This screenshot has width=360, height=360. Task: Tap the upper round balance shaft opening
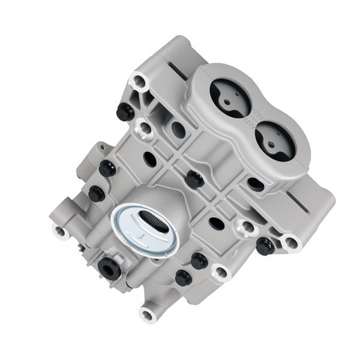(x=230, y=98)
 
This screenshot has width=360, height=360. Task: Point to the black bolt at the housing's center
(x=193, y=178)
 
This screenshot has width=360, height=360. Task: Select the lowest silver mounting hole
(x=148, y=313)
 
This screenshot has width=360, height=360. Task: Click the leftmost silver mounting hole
(x=61, y=230)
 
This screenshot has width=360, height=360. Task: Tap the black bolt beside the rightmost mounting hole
(x=265, y=245)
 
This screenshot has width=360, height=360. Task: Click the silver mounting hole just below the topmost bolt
(x=144, y=127)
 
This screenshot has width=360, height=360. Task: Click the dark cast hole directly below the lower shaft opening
(x=256, y=184)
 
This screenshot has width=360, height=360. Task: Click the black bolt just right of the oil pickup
(x=199, y=261)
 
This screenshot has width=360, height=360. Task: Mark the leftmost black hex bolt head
(x=96, y=193)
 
